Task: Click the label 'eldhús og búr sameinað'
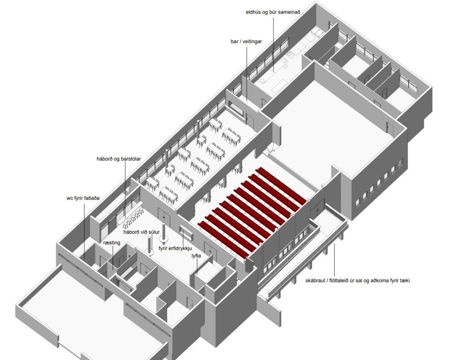(273, 12)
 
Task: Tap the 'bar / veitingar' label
(246, 42)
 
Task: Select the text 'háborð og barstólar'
(119, 159)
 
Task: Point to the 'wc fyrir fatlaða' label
(83, 198)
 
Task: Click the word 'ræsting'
(112, 243)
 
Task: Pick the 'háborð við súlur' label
(141, 232)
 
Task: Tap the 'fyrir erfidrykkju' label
(175, 248)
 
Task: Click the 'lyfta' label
(196, 256)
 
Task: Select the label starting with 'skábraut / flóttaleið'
(358, 280)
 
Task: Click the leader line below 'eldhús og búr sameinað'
(273, 44)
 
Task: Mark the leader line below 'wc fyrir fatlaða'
(84, 231)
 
